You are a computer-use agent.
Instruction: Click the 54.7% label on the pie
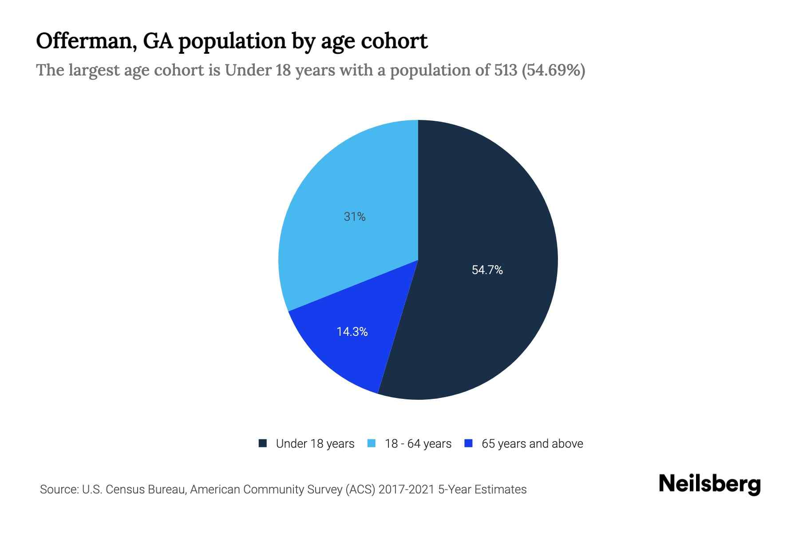click(x=487, y=270)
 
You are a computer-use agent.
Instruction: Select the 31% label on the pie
click(x=355, y=217)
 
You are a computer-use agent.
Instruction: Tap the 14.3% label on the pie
click(x=352, y=332)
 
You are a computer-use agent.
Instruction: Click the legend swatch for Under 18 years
click(x=263, y=443)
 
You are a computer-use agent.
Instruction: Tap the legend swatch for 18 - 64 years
click(x=372, y=443)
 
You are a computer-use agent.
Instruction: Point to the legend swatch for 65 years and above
click(x=468, y=443)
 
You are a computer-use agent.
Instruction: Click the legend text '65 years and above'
click(x=532, y=444)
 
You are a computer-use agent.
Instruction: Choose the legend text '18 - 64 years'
click(x=418, y=444)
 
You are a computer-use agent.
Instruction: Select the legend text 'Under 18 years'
click(x=315, y=444)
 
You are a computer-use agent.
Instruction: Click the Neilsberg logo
click(x=709, y=484)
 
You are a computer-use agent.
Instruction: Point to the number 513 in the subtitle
click(x=506, y=70)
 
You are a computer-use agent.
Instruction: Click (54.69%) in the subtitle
click(x=554, y=70)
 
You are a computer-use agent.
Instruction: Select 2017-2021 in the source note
click(x=406, y=489)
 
